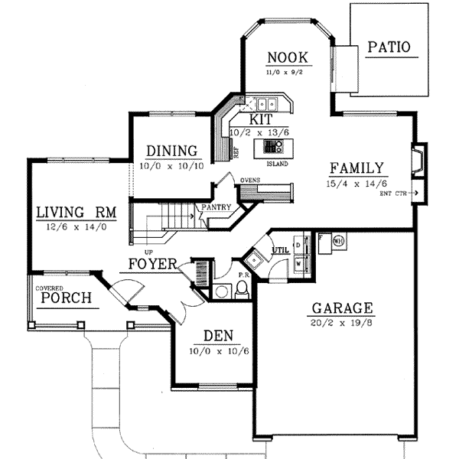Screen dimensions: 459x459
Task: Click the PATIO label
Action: (x=389, y=47)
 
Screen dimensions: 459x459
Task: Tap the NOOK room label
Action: (x=287, y=57)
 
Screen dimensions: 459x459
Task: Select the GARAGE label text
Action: (x=342, y=309)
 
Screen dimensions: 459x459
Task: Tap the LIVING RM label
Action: (x=74, y=212)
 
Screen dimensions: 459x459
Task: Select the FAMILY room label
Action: (x=356, y=169)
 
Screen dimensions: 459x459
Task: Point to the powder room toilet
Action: (x=242, y=289)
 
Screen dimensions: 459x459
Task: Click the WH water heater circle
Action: (x=338, y=240)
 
